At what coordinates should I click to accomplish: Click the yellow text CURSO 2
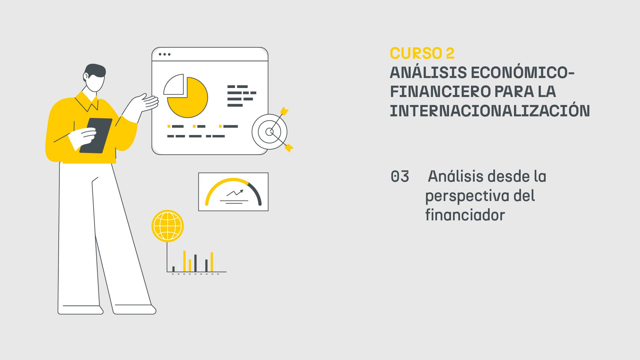click(422, 54)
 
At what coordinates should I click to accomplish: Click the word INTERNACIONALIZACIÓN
click(490, 111)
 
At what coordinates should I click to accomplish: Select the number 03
click(400, 177)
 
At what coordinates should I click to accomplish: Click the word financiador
click(465, 215)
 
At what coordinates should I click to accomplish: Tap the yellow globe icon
click(168, 226)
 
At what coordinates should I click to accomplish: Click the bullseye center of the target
click(269, 132)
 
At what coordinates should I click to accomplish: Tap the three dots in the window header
click(164, 54)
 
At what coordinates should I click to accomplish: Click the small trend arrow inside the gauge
click(235, 193)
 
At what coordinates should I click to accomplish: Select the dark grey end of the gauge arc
click(256, 192)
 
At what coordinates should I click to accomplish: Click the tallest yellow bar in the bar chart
click(184, 261)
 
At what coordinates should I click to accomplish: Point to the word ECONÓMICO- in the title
click(522, 73)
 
